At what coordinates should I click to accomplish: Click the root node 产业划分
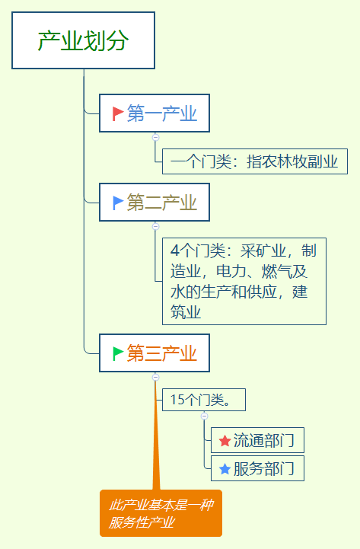pyautogui.click(x=83, y=41)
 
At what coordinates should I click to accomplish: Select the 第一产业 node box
pyautogui.click(x=154, y=113)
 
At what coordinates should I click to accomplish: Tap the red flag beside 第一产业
pyautogui.click(x=118, y=113)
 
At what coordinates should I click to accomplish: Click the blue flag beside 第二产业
pyautogui.click(x=118, y=203)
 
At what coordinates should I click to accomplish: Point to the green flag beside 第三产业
pyautogui.click(x=118, y=353)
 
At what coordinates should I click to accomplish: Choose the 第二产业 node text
pyautogui.click(x=162, y=203)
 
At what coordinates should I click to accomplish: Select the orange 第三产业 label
pyautogui.click(x=162, y=353)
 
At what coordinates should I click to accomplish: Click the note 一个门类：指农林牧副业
pyautogui.click(x=254, y=161)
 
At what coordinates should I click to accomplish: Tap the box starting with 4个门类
pyautogui.click(x=244, y=281)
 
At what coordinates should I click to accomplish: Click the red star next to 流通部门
pyautogui.click(x=225, y=441)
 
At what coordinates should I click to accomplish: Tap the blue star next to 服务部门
pyautogui.click(x=225, y=469)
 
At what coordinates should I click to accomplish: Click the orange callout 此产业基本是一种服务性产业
pyautogui.click(x=161, y=514)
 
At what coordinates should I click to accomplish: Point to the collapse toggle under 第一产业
pyautogui.click(x=155, y=138)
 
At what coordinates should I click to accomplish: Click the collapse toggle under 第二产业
pyautogui.click(x=155, y=226)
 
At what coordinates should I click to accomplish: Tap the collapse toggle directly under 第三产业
pyautogui.click(x=155, y=377)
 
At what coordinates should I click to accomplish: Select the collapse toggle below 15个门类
pyautogui.click(x=204, y=416)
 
